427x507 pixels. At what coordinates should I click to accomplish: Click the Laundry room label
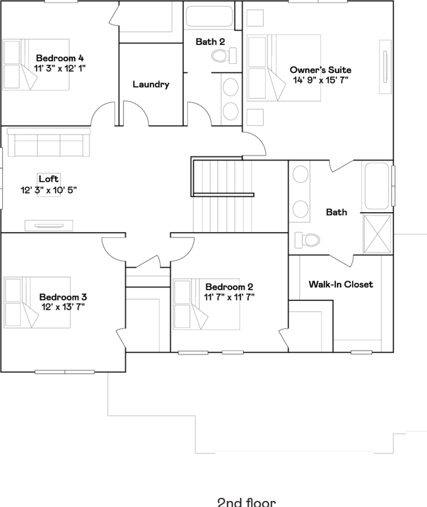[151, 84]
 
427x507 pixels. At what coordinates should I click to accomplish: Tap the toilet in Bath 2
[223, 56]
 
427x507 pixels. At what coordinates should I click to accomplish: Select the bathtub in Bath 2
[210, 16]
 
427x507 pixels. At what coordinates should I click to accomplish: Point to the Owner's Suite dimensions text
[320, 80]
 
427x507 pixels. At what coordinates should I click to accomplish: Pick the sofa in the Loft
[49, 142]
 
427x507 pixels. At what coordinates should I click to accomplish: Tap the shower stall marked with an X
[377, 234]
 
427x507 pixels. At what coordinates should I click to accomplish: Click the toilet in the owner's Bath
[307, 240]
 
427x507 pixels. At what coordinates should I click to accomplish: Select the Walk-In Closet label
[340, 284]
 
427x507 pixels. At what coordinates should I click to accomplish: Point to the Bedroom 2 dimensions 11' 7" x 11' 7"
[229, 297]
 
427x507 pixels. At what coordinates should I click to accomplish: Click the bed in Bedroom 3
[37, 302]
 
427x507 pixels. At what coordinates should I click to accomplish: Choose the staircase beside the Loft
[222, 196]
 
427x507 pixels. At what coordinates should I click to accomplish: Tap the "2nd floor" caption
[247, 502]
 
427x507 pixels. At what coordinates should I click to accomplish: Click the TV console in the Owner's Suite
[385, 67]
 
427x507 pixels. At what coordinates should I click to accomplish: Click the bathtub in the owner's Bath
[377, 186]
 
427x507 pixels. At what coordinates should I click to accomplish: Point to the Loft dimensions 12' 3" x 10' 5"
[49, 190]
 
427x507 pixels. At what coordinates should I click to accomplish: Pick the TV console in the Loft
[49, 226]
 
